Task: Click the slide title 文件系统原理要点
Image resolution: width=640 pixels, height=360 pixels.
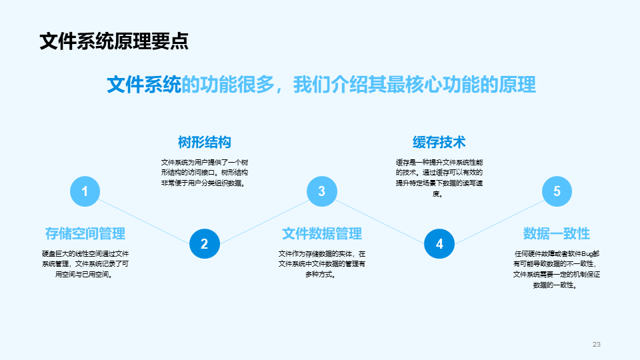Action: click(113, 41)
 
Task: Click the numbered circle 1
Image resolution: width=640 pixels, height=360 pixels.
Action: click(85, 192)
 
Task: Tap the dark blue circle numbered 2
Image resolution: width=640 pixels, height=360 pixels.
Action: click(204, 244)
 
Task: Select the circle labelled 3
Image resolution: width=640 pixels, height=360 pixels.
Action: click(321, 192)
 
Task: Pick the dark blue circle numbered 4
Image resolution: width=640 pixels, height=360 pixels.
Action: click(439, 244)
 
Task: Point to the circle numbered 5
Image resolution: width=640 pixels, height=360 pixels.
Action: click(557, 192)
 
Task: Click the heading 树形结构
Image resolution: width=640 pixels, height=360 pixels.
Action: click(204, 142)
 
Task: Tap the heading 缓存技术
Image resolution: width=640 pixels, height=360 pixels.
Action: click(439, 142)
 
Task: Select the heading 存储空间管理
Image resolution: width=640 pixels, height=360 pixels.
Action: click(85, 233)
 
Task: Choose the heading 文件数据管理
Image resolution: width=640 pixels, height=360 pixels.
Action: click(321, 233)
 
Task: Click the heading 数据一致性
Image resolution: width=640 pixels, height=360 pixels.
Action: click(557, 233)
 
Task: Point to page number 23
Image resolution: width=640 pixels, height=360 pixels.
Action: click(597, 344)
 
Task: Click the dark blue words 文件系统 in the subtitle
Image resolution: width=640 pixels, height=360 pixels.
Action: click(144, 85)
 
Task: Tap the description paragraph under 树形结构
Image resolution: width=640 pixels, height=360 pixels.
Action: click(204, 173)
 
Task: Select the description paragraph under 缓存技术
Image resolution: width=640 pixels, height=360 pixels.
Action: click(439, 178)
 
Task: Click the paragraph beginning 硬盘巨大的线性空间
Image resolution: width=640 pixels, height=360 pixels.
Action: click(85, 264)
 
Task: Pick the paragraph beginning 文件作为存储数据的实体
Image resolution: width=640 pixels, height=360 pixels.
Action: click(321, 264)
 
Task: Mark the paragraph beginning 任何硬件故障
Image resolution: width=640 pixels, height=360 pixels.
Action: click(557, 269)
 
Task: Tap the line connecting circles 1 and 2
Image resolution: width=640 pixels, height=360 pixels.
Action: click(144, 218)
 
